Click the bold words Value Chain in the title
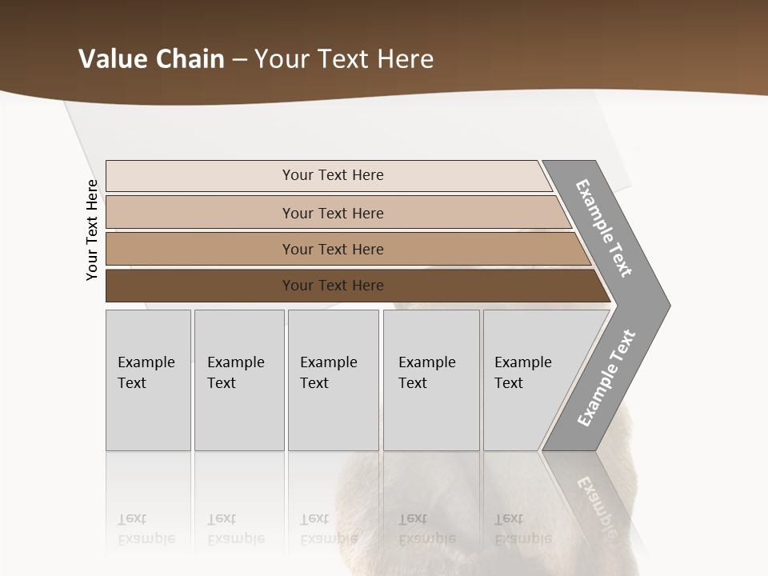(151, 59)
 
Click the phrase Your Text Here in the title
(344, 59)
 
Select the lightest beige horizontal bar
(200, 176)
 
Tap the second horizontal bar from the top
(200, 213)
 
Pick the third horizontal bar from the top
(200, 249)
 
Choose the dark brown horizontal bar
(200, 286)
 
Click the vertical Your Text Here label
(92, 230)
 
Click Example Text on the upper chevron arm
(604, 228)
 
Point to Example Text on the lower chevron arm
(606, 378)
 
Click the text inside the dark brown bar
(333, 286)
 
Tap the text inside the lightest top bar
(333, 175)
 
